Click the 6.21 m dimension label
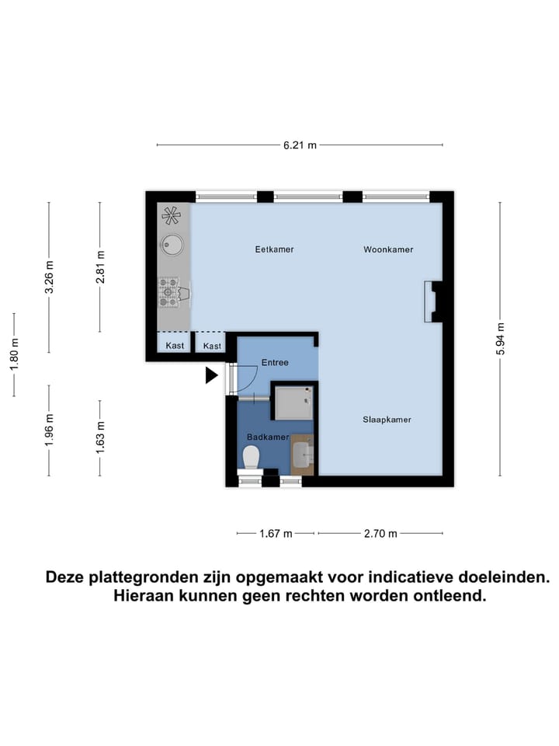300,145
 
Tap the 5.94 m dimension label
501,339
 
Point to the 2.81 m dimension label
100,267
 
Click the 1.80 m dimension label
14,354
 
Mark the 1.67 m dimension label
276,534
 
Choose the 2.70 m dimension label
380,534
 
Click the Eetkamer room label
275,249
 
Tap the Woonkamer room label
388,249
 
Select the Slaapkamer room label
386,420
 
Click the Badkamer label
268,437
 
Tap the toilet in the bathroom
251,458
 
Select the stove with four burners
169,292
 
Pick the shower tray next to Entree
293,402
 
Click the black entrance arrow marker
211,376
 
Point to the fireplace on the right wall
432,302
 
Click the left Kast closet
175,345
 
